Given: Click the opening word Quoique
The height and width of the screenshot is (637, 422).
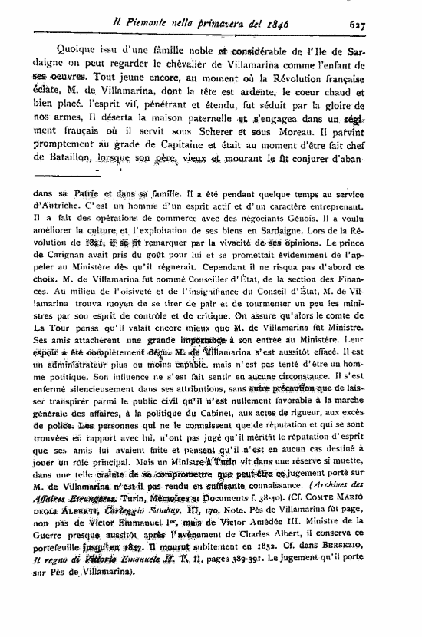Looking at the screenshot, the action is click(61, 51).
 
